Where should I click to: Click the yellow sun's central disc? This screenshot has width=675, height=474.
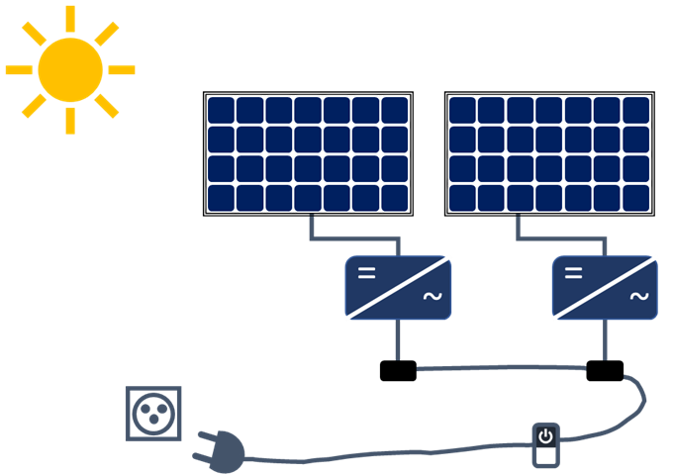[x=70, y=69]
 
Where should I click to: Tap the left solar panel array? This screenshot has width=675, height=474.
[x=308, y=153]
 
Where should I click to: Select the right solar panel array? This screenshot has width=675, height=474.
[x=549, y=153]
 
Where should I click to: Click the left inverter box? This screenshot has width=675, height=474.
[x=398, y=287]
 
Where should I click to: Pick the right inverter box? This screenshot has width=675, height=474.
[x=605, y=287]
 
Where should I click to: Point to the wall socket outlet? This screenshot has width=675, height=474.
[x=154, y=413]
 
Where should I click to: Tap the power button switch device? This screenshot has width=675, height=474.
[x=544, y=444]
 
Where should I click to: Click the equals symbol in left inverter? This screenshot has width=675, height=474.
[x=366, y=271]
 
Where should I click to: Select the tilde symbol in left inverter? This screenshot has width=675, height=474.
[x=432, y=297]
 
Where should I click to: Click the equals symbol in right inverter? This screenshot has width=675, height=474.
[x=574, y=271]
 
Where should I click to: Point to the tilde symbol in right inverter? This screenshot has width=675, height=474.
[x=638, y=297]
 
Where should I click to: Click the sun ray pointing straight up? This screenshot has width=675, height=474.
[x=70, y=18]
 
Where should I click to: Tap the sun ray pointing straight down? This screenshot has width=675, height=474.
[x=70, y=121]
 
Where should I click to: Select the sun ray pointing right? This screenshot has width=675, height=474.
[x=121, y=70]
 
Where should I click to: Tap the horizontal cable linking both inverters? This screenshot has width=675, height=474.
[x=501, y=368]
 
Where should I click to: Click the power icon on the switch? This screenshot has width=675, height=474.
[x=544, y=436]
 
